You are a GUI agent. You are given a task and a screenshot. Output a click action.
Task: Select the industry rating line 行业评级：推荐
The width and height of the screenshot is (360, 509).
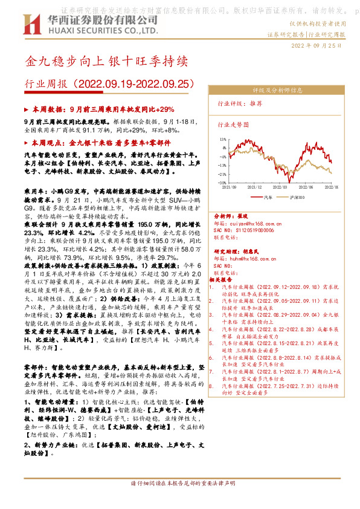tap(240, 103)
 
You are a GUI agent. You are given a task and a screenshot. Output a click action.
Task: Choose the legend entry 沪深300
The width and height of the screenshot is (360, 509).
tap(298, 197)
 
